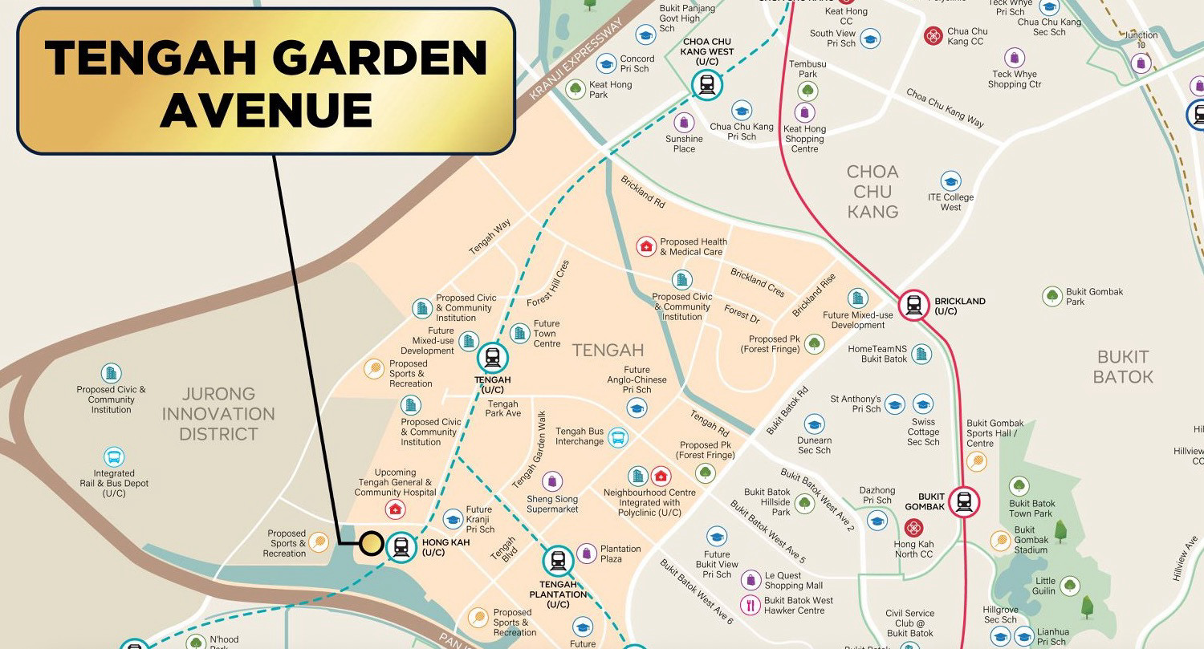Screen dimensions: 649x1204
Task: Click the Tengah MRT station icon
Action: (x=492, y=358)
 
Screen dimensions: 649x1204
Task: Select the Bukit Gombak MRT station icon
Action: (x=963, y=502)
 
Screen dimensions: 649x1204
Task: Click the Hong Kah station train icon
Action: (x=401, y=547)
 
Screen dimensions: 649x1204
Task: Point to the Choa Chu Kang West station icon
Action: (x=706, y=83)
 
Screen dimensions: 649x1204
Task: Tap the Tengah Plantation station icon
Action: (x=558, y=561)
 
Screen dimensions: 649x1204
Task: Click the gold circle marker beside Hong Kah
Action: (x=370, y=544)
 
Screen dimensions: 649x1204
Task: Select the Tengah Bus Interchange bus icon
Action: (x=617, y=437)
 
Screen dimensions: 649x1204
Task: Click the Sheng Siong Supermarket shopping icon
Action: (x=551, y=481)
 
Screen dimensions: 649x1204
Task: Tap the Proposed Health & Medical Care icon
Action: (x=646, y=246)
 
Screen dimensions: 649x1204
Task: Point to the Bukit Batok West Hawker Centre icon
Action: (x=750, y=605)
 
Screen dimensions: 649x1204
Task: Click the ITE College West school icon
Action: (x=950, y=181)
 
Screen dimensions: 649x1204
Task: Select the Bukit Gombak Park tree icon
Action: (x=1051, y=296)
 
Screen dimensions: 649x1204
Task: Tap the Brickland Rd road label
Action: (x=643, y=192)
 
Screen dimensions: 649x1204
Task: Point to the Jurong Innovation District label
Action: (x=218, y=414)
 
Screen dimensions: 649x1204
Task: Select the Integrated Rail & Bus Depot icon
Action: (x=114, y=457)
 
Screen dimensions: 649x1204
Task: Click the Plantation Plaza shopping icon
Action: (x=587, y=554)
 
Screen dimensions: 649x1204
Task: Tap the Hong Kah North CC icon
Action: (x=913, y=528)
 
